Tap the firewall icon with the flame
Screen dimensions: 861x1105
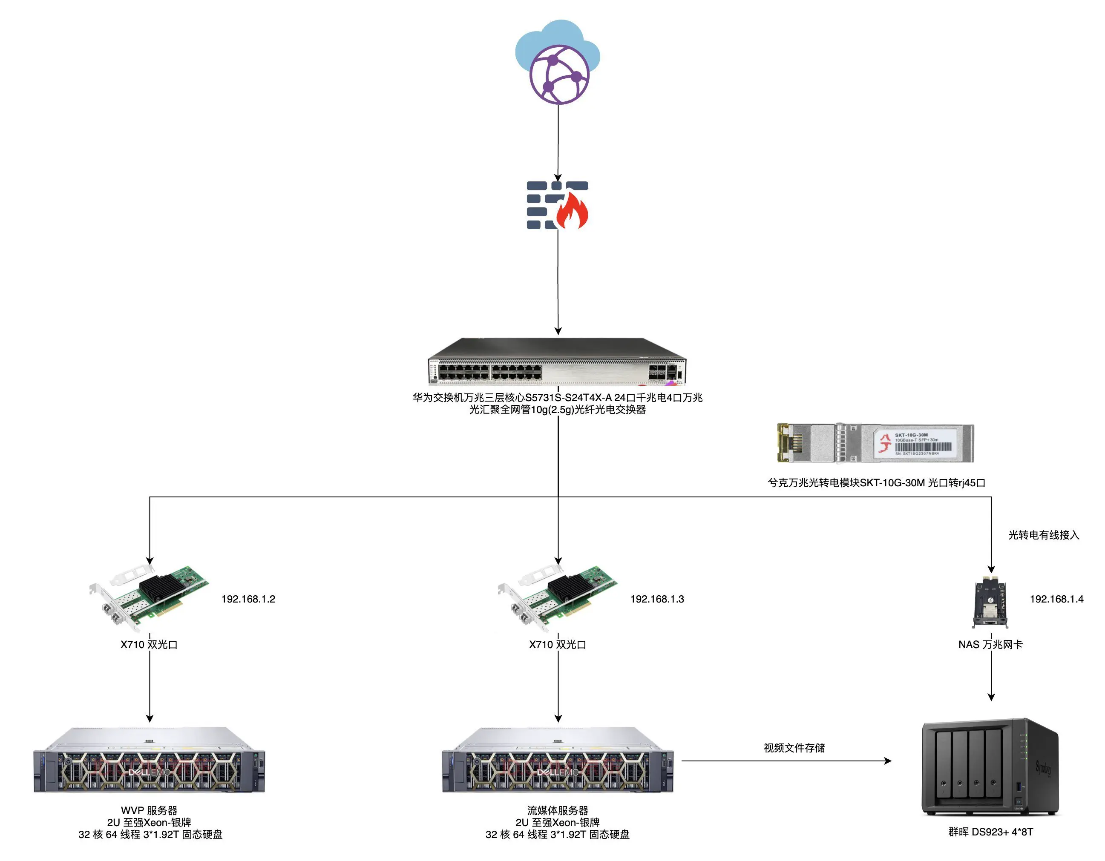557,205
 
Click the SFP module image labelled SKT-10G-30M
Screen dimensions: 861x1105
875,443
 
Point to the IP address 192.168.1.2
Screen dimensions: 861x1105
248,599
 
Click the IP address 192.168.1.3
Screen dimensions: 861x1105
657,599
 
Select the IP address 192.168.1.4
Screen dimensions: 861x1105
1056,599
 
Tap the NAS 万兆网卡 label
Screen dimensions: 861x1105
990,645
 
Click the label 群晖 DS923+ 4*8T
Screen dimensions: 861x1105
990,832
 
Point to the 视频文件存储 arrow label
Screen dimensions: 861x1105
794,748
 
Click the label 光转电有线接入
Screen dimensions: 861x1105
1043,535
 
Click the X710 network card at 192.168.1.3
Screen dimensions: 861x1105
557,597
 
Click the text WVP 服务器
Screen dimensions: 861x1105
149,810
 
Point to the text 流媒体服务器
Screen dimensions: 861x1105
558,810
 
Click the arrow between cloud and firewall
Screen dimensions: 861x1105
558,142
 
